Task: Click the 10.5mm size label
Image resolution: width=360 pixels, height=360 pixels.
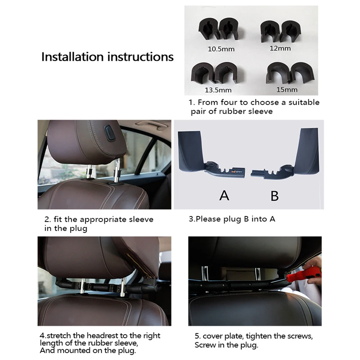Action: click(x=221, y=49)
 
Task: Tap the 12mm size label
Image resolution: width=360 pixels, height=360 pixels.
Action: click(x=280, y=48)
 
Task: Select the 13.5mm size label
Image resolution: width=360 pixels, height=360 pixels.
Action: click(x=218, y=90)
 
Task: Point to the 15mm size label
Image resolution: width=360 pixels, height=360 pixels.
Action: click(x=287, y=89)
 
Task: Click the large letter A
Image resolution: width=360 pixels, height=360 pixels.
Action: click(x=224, y=196)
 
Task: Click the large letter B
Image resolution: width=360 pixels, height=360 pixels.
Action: click(x=275, y=196)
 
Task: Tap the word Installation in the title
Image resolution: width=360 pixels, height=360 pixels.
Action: click(x=73, y=57)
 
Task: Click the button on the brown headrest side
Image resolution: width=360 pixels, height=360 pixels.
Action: click(x=110, y=133)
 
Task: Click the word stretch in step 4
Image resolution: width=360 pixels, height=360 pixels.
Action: click(x=59, y=336)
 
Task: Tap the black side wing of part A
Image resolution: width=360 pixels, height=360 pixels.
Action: click(x=191, y=151)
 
